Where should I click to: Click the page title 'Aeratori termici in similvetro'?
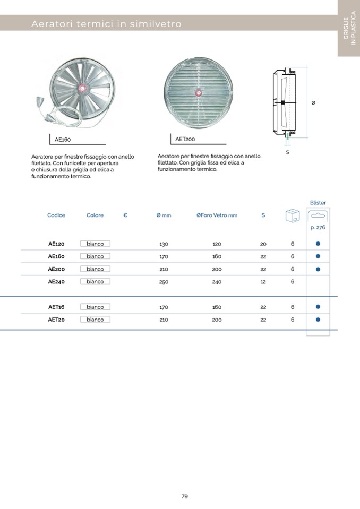[x=106, y=24]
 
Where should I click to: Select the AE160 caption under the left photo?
[x=63, y=140]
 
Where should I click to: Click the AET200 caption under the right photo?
[x=185, y=139]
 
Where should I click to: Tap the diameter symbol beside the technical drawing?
[x=313, y=102]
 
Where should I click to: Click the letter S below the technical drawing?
[x=287, y=152]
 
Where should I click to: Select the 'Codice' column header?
[x=56, y=215]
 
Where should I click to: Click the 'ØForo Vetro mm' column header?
[x=217, y=215]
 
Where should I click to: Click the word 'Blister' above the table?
[x=318, y=203]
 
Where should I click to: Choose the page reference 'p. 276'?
[x=318, y=227]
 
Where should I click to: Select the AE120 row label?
[x=56, y=244]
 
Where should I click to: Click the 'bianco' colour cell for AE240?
[x=96, y=282]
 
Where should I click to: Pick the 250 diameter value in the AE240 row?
[x=164, y=282]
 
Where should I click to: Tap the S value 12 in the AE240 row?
[x=263, y=282]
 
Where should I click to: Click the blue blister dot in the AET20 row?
[x=318, y=320]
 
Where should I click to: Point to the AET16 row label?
[x=56, y=307]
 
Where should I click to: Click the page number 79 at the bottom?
[x=185, y=497]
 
